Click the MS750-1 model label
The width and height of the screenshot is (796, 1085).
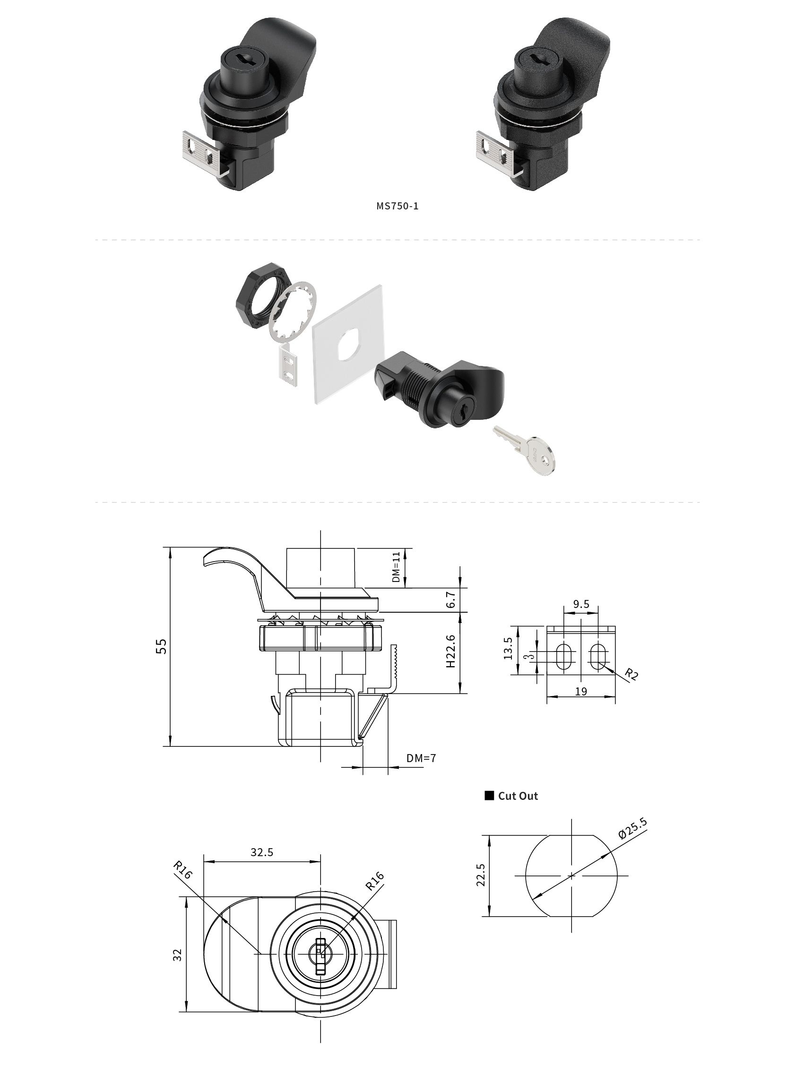[x=398, y=206]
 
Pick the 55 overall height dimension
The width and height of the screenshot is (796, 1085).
[x=162, y=646]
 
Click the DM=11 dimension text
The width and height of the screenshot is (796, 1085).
[x=396, y=567]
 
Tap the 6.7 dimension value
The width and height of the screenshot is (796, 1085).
[x=450, y=600]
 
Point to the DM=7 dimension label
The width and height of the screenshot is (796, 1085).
[x=421, y=758]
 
